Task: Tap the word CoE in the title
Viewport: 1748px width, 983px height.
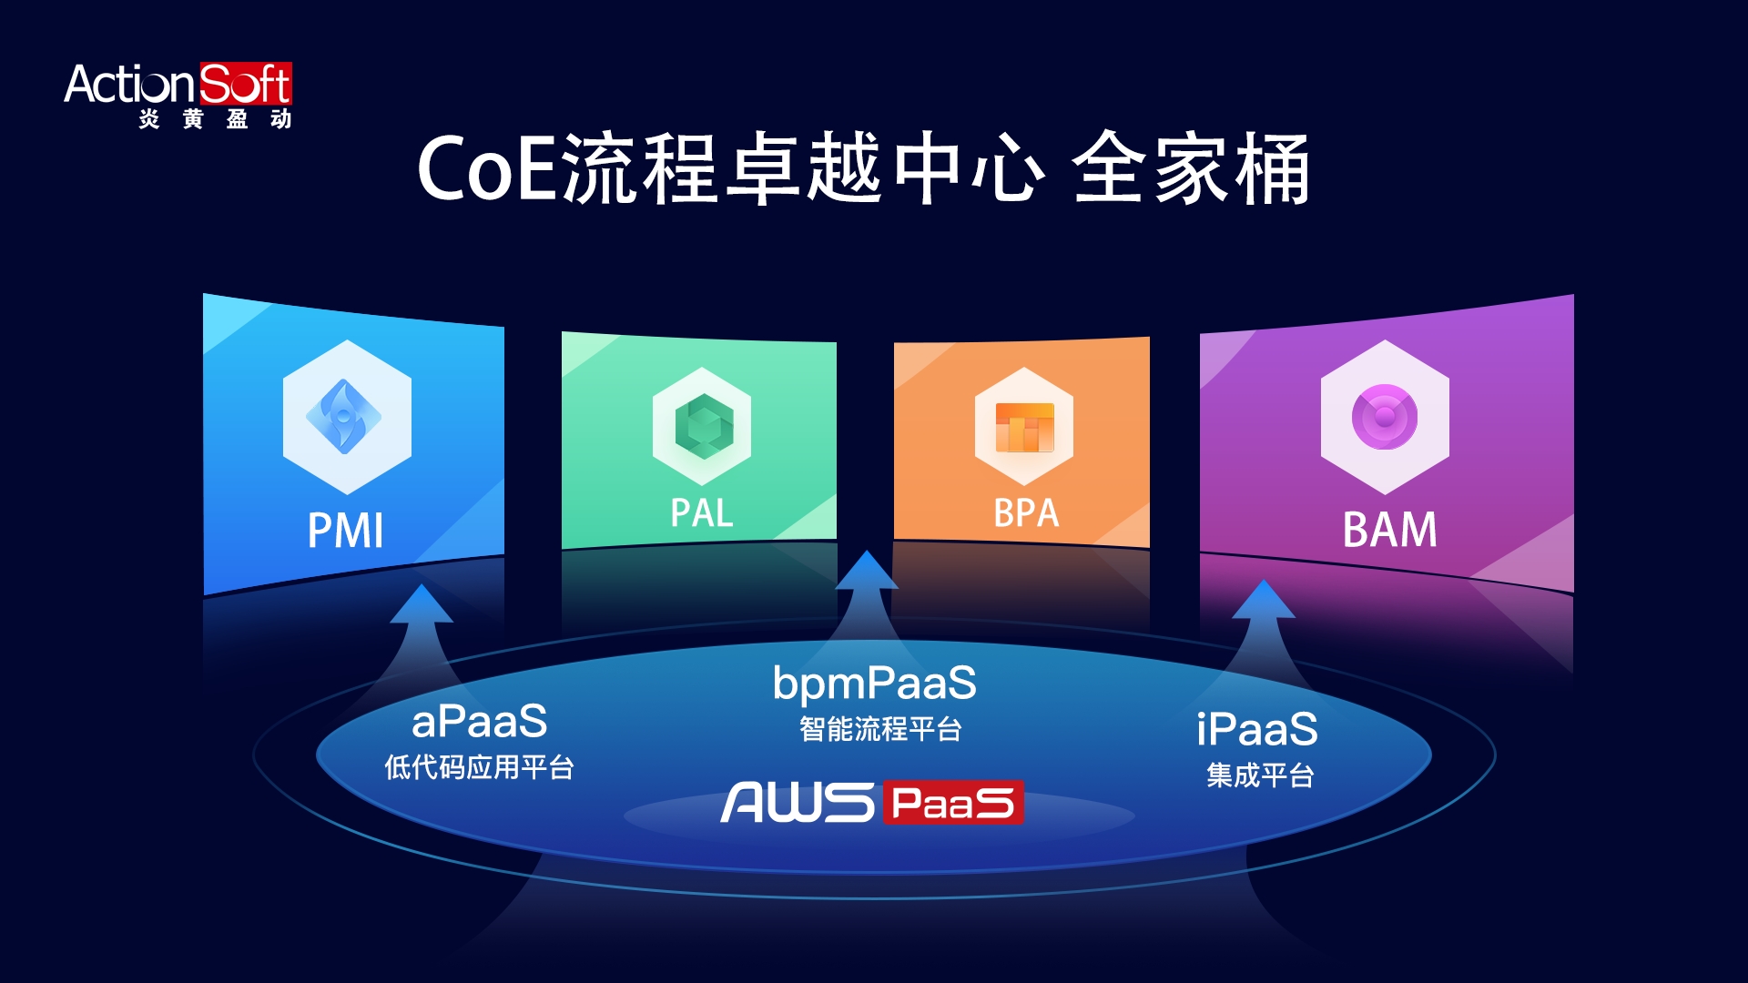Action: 487,168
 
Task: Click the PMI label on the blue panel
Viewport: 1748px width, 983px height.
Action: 346,531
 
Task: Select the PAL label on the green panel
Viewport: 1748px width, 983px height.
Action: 701,513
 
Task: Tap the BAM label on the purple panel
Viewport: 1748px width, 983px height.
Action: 1389,530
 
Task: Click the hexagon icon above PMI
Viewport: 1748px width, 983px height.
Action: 346,417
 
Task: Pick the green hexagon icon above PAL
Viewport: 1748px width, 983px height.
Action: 702,426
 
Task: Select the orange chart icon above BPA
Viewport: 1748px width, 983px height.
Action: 1024,427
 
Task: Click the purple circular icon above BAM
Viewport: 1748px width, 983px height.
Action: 1385,417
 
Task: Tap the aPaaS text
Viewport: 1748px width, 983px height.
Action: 480,722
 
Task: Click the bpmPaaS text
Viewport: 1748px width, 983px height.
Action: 874,684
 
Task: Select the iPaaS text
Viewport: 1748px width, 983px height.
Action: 1257,729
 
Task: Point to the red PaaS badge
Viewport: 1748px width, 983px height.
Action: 952,803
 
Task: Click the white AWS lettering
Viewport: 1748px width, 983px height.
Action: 798,803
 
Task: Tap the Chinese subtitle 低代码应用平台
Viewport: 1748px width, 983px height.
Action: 479,767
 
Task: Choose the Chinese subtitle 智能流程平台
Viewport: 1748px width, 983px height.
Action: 880,729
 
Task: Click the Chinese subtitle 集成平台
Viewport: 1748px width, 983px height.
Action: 1260,775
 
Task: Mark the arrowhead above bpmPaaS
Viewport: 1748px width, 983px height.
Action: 867,572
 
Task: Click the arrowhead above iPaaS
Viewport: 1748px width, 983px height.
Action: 1264,601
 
